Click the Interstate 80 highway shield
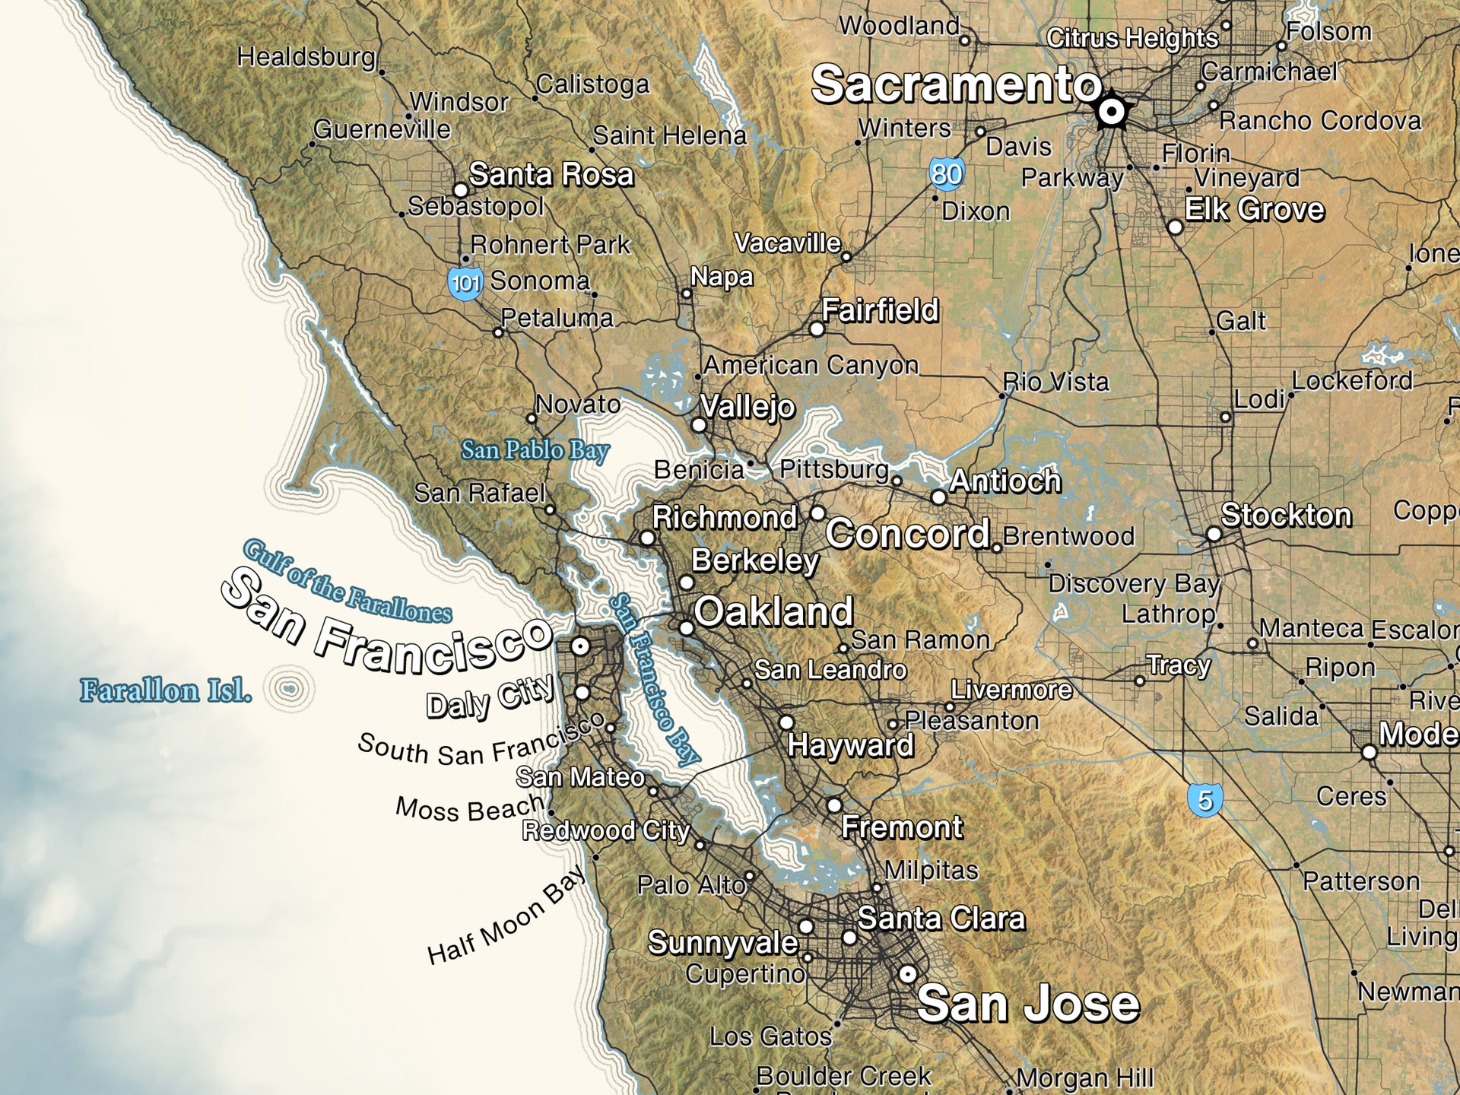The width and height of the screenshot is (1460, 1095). point(947,174)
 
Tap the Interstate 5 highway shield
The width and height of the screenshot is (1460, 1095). point(1204,800)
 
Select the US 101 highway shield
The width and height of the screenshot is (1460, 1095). point(465,284)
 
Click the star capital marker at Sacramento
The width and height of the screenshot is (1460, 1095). point(1112,113)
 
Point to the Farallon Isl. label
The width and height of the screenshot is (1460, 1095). point(166,691)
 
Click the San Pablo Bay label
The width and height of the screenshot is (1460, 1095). point(535,450)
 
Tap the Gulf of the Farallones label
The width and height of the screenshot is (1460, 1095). point(347,582)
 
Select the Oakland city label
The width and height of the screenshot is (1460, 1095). point(773,611)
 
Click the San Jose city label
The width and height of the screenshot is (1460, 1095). point(1028,1004)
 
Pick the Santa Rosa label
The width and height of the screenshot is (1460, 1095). point(551,175)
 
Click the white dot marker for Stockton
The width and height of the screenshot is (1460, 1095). point(1214,534)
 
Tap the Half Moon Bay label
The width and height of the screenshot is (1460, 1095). point(506,916)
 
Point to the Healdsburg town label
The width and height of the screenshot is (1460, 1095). point(306,57)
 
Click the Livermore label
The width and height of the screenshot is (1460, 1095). point(1011,690)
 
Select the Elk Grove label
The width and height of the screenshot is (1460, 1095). point(1255,209)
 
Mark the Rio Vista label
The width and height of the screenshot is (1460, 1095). point(1056,382)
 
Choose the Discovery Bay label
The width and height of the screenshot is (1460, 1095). point(1133,583)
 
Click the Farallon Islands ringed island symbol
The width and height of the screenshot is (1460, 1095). point(290,690)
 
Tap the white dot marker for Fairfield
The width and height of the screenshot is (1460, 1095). point(817,329)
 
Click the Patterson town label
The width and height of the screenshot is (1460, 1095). point(1361,881)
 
